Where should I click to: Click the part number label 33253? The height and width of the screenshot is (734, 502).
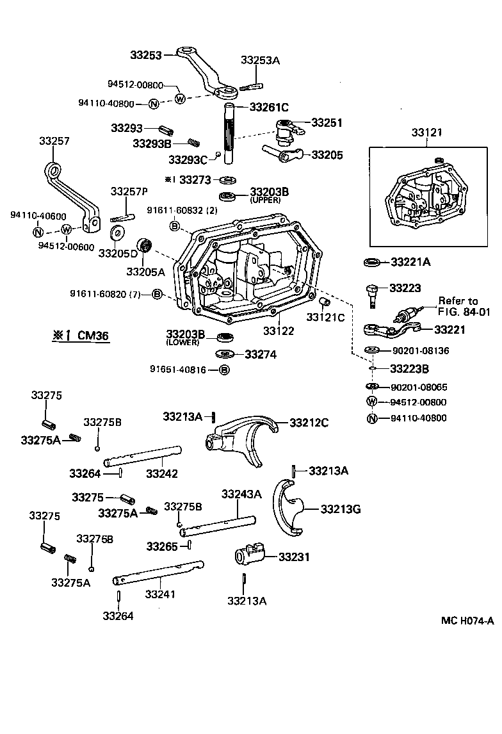coord(146,55)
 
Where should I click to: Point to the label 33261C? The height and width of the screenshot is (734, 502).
coord(269,107)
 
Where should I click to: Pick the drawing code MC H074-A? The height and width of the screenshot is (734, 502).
coord(467,621)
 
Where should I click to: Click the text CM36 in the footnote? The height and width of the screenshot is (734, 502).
coord(93,335)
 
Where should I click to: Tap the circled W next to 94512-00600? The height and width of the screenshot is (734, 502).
coord(67,231)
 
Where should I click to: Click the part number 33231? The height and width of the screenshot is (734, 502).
coord(293,557)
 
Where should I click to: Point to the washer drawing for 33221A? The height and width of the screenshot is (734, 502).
coord(371,262)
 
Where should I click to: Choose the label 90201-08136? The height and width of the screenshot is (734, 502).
coord(420,350)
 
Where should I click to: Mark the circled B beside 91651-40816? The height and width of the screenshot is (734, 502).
coord(224,370)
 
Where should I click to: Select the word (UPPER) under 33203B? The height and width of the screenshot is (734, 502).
coord(266,200)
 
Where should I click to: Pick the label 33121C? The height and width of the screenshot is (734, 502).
coord(325,317)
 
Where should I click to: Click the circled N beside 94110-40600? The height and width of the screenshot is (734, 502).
coord(38,232)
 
